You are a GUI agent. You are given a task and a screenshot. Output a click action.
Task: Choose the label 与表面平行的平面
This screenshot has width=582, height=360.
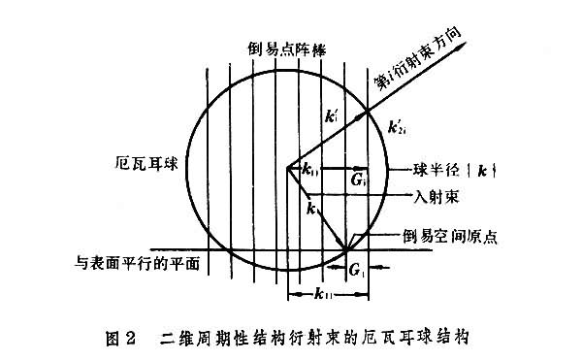[x=138, y=262]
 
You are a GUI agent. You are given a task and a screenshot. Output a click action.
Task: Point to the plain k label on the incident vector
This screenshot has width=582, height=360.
[x=309, y=208]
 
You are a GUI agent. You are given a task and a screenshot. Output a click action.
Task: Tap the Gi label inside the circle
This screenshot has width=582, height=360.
[x=358, y=180]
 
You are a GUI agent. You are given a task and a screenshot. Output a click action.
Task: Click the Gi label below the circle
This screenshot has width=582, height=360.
[x=356, y=268]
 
